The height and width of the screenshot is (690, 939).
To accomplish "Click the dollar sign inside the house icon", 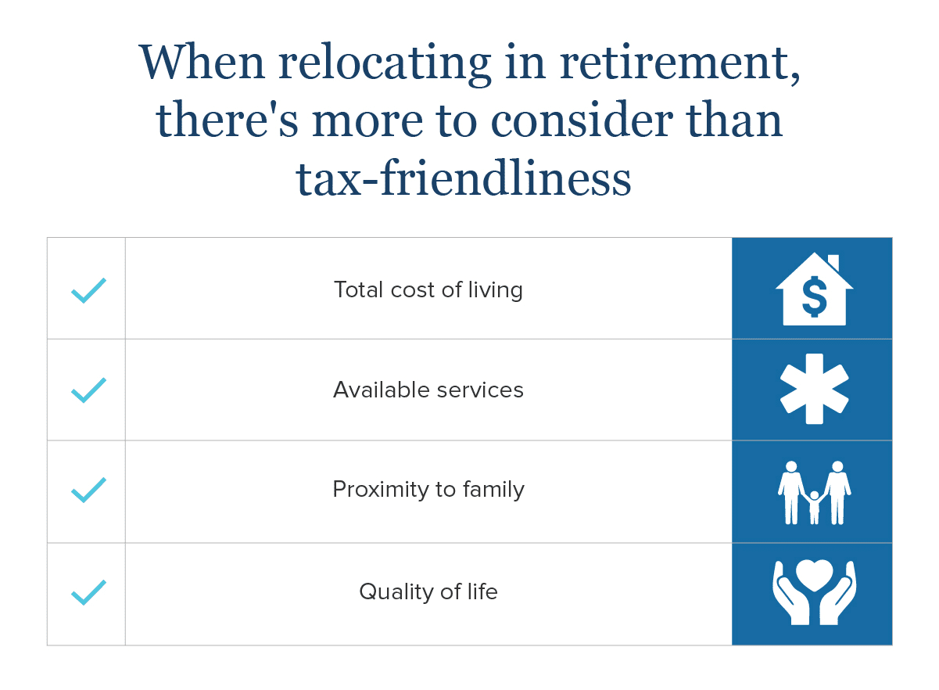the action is click(815, 297).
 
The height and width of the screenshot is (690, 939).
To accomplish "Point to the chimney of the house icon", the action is click(833, 262).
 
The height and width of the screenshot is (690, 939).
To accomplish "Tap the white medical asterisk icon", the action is click(815, 390).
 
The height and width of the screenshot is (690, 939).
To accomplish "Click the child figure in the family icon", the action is click(815, 508).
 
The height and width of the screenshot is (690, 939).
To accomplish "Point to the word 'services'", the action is click(480, 391).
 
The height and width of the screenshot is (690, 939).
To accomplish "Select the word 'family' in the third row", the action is click(494, 490).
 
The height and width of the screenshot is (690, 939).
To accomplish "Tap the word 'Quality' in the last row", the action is click(396, 593).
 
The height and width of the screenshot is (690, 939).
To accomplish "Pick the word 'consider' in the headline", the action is click(582, 120).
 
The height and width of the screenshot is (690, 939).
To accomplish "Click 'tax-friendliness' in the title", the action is click(463, 178).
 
